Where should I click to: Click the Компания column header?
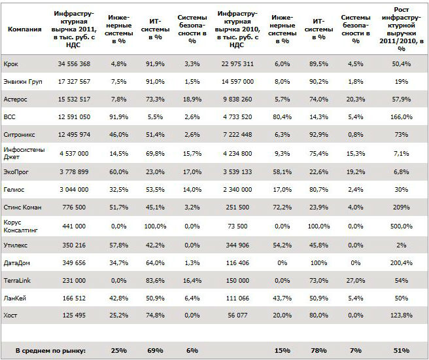click(25, 29)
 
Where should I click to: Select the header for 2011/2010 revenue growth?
click(402, 29)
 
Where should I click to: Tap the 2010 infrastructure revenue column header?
click(237, 29)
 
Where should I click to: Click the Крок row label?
click(11, 64)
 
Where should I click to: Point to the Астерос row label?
click(15, 99)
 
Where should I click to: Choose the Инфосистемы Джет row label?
click(24, 153)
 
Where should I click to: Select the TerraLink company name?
click(17, 281)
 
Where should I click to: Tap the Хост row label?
click(10, 315)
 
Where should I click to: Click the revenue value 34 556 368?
click(74, 64)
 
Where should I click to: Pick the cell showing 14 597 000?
click(237, 82)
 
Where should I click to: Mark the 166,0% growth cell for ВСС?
click(402, 117)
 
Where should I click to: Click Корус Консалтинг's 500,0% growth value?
click(402, 226)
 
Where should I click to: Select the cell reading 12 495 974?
click(74, 135)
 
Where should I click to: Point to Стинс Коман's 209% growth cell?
click(402, 207)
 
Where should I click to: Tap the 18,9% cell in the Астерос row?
click(192, 99)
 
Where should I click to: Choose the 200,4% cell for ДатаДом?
click(402, 263)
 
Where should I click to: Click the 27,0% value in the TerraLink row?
click(356, 281)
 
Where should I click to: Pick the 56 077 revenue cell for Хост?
click(237, 315)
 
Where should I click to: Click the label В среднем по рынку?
click(50, 351)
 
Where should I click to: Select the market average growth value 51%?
click(402, 351)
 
